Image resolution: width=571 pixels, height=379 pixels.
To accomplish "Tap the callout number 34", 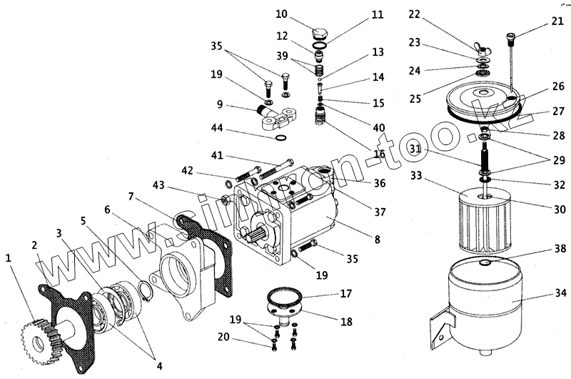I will click(x=561, y=292).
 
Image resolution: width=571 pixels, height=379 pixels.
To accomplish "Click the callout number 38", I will click(x=561, y=249).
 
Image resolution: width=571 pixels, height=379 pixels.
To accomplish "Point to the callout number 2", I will click(x=34, y=246).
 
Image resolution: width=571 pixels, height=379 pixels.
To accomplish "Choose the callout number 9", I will click(x=221, y=105).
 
